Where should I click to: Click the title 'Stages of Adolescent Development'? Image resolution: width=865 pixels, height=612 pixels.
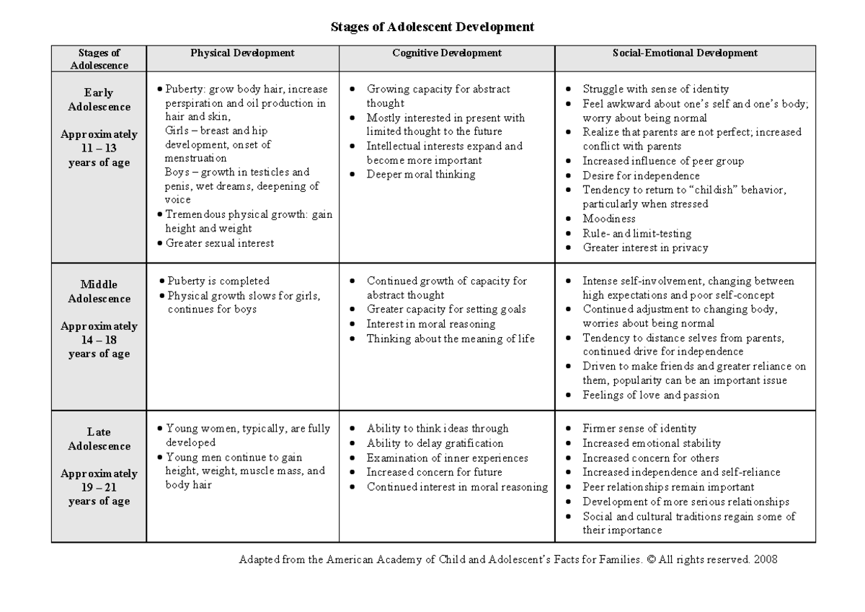432,27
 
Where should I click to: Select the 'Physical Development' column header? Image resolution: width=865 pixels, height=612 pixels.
242,53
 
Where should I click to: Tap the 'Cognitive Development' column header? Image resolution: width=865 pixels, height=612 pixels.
447,53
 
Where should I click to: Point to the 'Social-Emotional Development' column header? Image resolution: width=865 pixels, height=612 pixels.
685,53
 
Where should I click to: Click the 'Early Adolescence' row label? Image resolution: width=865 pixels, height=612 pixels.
99,100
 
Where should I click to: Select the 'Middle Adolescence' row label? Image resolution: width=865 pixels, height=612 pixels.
99,292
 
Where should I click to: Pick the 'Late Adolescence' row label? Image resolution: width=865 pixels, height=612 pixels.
99,439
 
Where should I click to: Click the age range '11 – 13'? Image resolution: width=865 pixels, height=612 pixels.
99,148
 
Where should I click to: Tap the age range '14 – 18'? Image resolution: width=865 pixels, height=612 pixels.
99,340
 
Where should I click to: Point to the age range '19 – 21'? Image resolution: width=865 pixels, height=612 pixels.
99,487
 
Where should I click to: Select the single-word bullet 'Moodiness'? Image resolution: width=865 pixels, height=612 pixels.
609,219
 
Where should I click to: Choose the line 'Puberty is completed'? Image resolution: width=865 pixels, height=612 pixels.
218,281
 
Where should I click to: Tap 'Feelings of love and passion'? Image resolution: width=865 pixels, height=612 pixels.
651,395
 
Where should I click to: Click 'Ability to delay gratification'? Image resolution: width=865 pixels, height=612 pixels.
435,443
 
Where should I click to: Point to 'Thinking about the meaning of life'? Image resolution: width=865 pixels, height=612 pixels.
451,338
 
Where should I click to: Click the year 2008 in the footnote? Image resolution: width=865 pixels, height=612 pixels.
764,559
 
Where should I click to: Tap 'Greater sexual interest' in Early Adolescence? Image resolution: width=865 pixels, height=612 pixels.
219,243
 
